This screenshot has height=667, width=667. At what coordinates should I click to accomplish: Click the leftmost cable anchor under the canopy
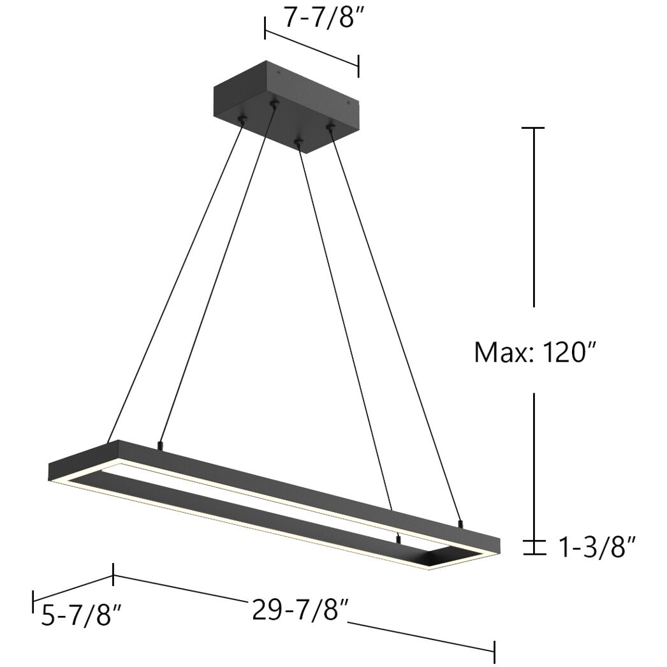pyautogui.click(x=242, y=119)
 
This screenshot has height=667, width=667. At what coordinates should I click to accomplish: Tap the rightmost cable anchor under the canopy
pyautogui.click(x=330, y=128)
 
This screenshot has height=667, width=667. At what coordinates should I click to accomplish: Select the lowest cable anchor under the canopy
pyautogui.click(x=297, y=141)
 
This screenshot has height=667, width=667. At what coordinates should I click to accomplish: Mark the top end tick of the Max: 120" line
pyautogui.click(x=534, y=128)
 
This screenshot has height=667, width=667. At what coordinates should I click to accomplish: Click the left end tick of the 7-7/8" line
pyautogui.click(x=265, y=29)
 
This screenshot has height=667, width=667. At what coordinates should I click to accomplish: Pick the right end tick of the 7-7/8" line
pyautogui.click(x=358, y=66)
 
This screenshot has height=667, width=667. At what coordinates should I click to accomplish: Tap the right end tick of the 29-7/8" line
pyautogui.click(x=494, y=651)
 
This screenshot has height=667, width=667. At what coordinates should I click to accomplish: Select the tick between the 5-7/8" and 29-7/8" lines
pyautogui.click(x=114, y=575)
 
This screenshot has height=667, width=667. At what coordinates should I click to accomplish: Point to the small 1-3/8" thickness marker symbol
pyautogui.click(x=534, y=547)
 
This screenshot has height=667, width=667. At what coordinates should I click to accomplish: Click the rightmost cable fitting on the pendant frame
pyautogui.click(x=460, y=524)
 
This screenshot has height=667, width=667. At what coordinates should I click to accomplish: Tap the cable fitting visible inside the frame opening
pyautogui.click(x=399, y=539)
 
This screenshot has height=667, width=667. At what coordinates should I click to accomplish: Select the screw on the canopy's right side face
pyautogui.click(x=348, y=100)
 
